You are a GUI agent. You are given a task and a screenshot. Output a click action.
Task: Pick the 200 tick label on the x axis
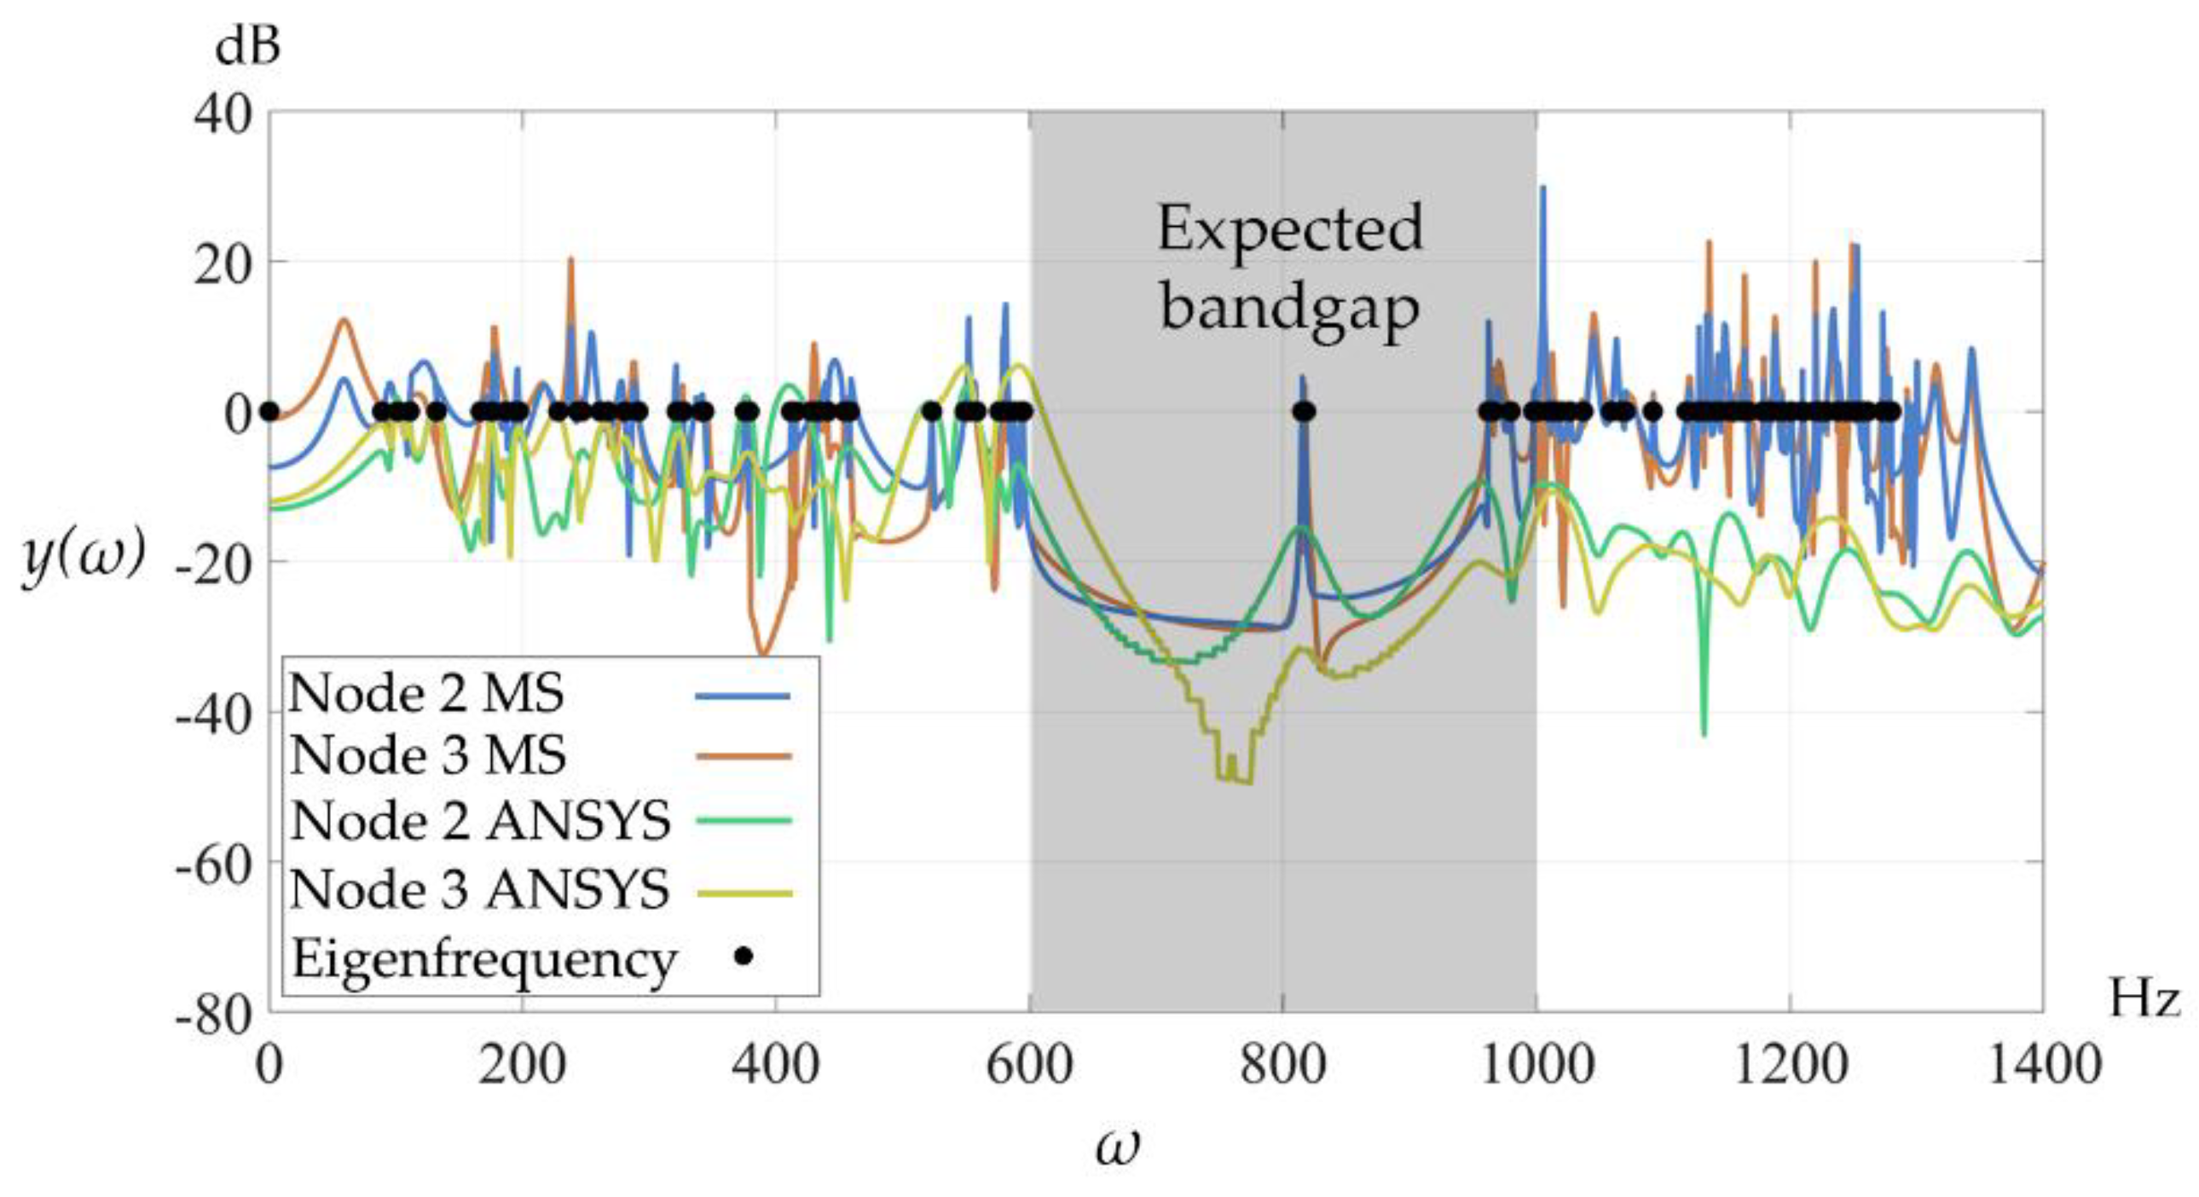tap(522, 1067)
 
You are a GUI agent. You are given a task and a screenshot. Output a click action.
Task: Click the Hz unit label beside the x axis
tap(2144, 998)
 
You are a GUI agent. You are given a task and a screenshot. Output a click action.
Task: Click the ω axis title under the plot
tap(1118, 1147)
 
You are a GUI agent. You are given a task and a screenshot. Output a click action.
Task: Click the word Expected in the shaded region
tap(1289, 229)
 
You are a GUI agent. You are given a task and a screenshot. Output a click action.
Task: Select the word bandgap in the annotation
tap(1289, 309)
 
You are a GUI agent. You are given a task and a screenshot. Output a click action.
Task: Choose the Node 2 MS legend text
tap(427, 693)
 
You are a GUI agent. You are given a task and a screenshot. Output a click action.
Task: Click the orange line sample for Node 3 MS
tap(744, 755)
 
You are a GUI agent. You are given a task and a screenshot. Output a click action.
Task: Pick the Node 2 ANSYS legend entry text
tap(481, 821)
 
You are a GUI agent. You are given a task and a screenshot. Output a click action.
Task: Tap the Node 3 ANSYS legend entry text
tap(481, 890)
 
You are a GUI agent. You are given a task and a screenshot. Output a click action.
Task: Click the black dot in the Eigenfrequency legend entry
tap(744, 957)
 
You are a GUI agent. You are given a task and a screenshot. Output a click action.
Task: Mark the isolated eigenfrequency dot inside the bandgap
tap(1303, 413)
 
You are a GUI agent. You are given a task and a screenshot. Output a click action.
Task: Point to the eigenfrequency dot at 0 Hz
tap(269, 413)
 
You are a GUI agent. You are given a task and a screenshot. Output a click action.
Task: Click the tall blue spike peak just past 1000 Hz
tap(1542, 189)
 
